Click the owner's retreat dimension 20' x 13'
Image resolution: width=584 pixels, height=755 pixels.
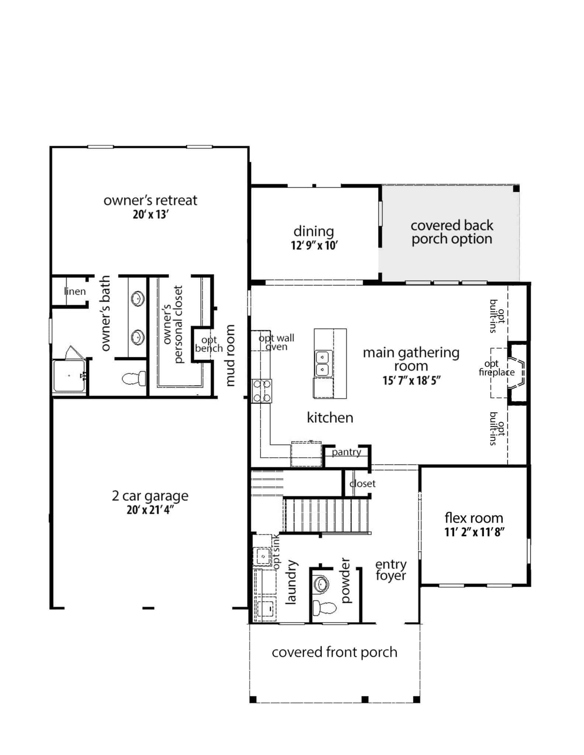click(x=151, y=215)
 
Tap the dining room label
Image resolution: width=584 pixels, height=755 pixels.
click(x=314, y=232)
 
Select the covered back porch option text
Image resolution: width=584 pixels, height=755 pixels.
click(x=452, y=232)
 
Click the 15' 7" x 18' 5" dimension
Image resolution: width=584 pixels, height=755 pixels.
click(x=411, y=380)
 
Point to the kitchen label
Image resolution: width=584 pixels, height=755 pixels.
click(x=330, y=418)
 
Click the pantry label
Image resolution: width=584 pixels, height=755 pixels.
click(x=346, y=452)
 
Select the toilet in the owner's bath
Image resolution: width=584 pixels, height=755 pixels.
click(x=134, y=379)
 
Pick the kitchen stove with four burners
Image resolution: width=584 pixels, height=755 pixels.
click(x=262, y=391)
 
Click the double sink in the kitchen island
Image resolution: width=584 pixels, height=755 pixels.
click(x=323, y=363)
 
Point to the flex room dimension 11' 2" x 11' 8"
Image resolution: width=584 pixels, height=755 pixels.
click(x=474, y=532)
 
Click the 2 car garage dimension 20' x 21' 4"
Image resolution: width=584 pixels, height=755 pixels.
click(x=150, y=510)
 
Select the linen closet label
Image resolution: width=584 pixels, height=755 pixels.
click(x=75, y=291)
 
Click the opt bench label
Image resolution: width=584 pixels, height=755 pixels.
click(x=209, y=344)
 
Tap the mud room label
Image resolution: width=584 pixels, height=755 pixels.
click(x=230, y=355)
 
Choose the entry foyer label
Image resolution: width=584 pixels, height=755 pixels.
click(x=391, y=570)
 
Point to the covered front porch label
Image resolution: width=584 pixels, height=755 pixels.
click(x=335, y=652)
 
